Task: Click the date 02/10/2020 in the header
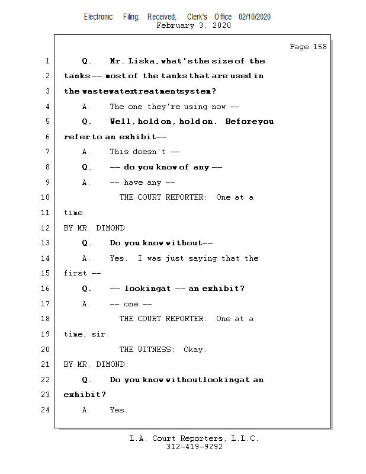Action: (255, 17)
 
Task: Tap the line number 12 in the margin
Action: (46, 228)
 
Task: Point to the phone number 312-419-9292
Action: (194, 447)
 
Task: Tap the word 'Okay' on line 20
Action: (195, 350)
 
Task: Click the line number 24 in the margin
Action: (46, 410)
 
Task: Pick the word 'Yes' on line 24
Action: (118, 410)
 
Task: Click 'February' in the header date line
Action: (175, 25)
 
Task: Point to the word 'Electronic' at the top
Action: (98, 17)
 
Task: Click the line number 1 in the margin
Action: (46, 61)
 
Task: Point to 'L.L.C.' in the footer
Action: (242, 438)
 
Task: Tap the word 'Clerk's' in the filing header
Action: (197, 17)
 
